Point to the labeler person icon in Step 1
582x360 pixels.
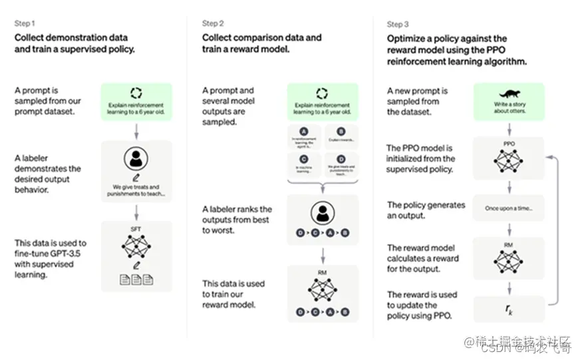(136, 158)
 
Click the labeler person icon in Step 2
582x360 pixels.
(323, 212)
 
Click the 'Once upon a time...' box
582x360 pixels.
(509, 208)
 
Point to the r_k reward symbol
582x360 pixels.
(509, 309)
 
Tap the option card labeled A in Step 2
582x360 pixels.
(304, 137)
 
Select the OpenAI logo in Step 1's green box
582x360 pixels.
(136, 93)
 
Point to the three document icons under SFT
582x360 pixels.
(136, 280)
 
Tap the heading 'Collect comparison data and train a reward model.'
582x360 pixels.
(261, 43)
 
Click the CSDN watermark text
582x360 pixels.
(496, 347)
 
